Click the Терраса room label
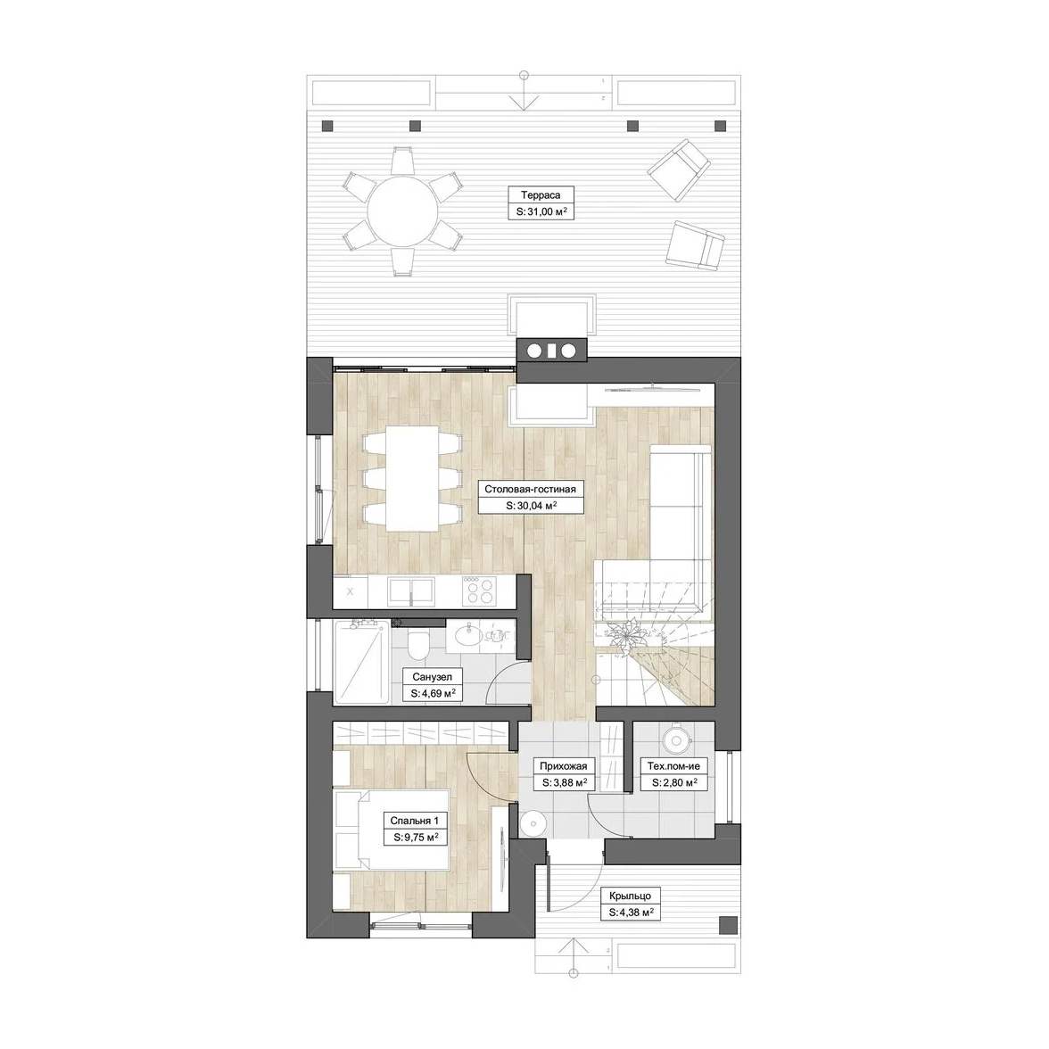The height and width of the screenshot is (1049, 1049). point(541,195)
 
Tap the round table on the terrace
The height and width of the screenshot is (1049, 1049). point(403,211)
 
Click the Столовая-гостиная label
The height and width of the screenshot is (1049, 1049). point(530,489)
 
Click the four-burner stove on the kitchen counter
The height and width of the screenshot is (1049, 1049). point(479,591)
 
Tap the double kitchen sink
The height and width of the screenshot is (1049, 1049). point(410,592)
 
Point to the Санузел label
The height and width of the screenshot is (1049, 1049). point(432,677)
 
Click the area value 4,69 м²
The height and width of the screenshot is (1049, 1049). point(433,694)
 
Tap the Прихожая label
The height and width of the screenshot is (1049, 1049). point(564,766)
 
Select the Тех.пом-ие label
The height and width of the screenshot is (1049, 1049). point(673,766)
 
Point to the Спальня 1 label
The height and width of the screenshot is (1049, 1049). point(415,821)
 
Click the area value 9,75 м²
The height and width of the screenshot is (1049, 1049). point(416,837)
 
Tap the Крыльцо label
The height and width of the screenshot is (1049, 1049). point(630,896)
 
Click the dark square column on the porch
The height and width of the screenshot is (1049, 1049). point(727,925)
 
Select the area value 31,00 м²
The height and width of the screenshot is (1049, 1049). point(541,212)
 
